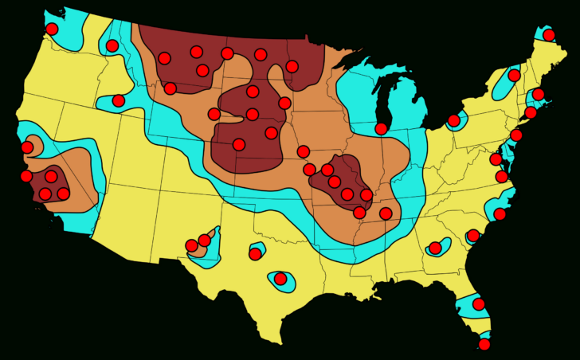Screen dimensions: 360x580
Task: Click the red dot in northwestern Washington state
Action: (52, 29)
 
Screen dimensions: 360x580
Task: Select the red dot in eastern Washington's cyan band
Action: (112, 45)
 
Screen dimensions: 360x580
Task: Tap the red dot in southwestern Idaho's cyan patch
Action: (118, 100)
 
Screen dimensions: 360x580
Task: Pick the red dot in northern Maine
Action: (548, 34)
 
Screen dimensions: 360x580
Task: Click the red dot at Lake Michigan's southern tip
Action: (381, 128)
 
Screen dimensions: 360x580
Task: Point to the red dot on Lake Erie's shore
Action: (453, 120)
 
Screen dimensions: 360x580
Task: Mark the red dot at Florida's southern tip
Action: (484, 344)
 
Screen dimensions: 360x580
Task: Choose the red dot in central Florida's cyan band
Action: (478, 303)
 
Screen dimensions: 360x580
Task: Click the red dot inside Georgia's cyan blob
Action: (435, 248)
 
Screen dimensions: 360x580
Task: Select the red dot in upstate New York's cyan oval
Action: (514, 75)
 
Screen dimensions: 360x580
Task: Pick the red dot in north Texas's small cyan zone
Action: (255, 254)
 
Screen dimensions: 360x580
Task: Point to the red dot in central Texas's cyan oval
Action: (280, 278)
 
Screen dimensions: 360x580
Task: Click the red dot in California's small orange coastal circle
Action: (28, 147)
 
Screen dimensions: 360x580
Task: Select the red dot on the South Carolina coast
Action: (473, 235)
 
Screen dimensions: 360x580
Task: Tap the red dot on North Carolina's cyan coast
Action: (500, 213)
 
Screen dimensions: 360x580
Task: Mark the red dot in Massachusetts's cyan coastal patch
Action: (538, 95)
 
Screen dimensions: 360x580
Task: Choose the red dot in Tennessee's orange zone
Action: (386, 213)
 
